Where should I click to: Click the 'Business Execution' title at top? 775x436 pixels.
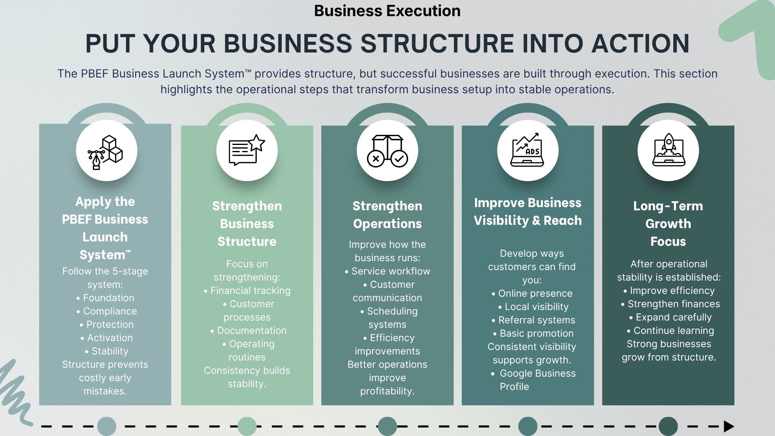(x=387, y=11)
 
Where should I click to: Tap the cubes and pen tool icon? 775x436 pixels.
(x=106, y=151)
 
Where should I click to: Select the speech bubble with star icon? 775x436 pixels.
(x=247, y=151)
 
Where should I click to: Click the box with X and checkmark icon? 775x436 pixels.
(x=387, y=151)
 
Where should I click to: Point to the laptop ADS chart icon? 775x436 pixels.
(x=528, y=151)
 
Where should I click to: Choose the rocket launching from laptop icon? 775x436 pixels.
(x=668, y=151)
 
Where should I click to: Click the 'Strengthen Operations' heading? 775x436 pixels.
(x=387, y=215)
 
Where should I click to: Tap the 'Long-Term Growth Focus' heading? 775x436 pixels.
(x=668, y=223)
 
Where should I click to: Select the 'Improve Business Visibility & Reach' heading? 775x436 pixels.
(x=528, y=212)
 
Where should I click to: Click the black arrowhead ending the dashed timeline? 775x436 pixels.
(x=729, y=426)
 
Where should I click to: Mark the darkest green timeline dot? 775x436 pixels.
(x=668, y=426)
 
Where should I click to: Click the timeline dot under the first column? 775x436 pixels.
(x=107, y=426)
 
